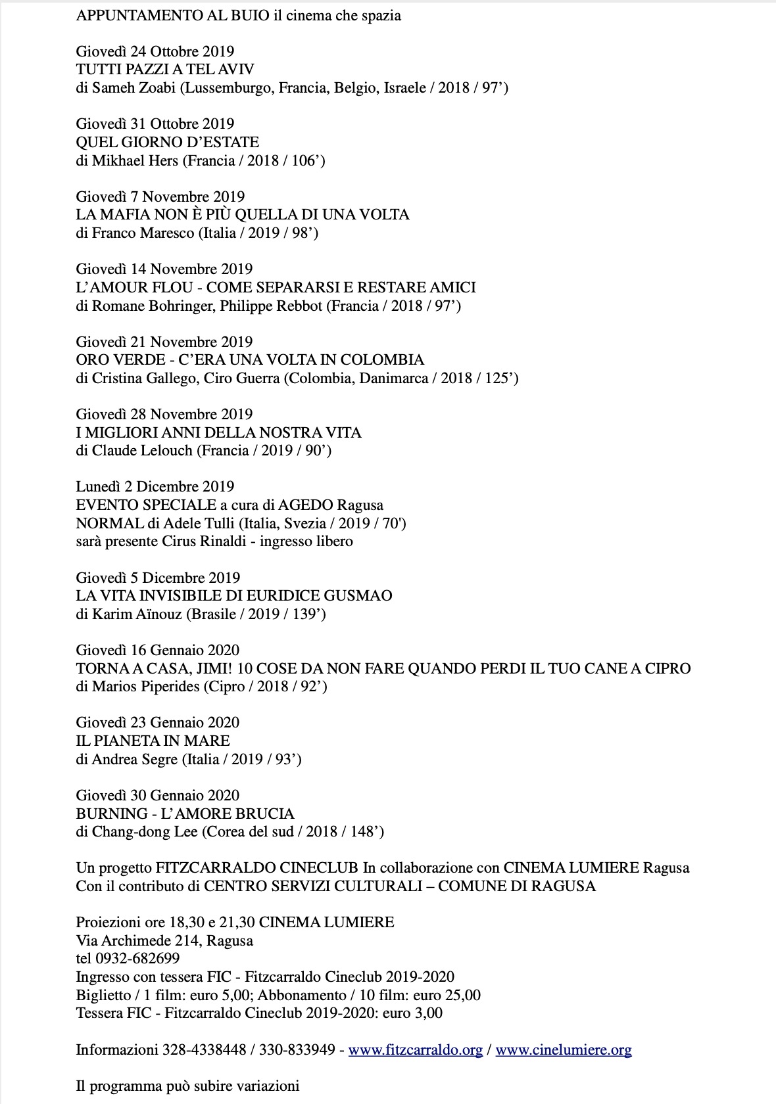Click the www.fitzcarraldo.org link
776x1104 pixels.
pos(415,1050)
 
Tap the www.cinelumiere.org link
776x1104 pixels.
pos(564,1050)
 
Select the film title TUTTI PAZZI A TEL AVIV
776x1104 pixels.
pos(165,70)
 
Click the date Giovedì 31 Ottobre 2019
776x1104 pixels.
pos(155,124)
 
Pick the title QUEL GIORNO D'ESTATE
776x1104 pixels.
pos(168,143)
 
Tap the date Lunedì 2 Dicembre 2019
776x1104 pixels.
pos(155,487)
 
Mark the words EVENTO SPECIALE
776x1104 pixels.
pos(146,505)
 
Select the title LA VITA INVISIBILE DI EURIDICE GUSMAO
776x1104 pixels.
pos(234,596)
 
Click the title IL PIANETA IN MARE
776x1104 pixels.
pos(153,741)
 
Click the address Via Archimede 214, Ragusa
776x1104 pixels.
pos(164,940)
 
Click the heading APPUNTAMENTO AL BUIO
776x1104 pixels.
pos(173,16)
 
